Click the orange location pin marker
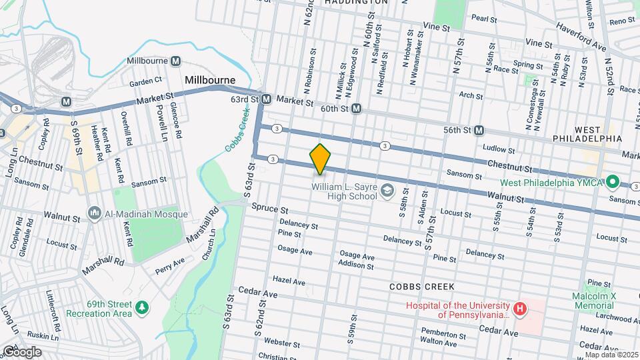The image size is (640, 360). [320, 159]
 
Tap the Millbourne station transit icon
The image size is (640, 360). [175, 61]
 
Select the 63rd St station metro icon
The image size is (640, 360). [266, 99]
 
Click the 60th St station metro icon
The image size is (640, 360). [357, 108]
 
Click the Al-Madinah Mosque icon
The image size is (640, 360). [94, 215]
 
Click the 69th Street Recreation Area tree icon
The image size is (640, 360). [141, 307]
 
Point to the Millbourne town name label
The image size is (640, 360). [210, 80]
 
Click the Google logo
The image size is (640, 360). [21, 351]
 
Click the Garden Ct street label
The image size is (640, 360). [146, 81]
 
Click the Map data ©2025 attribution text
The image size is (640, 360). [611, 355]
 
